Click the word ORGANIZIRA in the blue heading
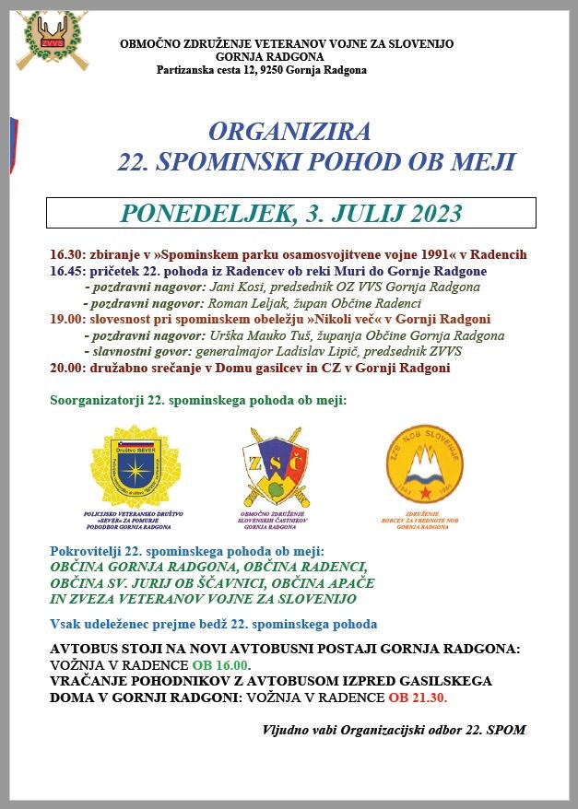[289, 130]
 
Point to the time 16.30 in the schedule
[67, 254]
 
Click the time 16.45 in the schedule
[67, 271]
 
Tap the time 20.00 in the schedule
[67, 369]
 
